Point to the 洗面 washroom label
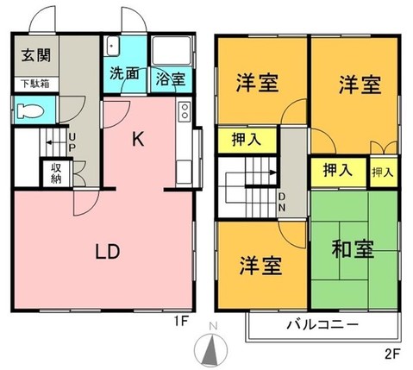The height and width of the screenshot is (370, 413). [125, 74]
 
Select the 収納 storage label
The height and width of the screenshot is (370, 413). [57, 173]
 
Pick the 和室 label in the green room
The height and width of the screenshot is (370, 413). [353, 252]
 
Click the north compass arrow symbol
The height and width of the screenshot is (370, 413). [209, 349]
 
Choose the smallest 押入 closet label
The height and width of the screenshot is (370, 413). [382, 172]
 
